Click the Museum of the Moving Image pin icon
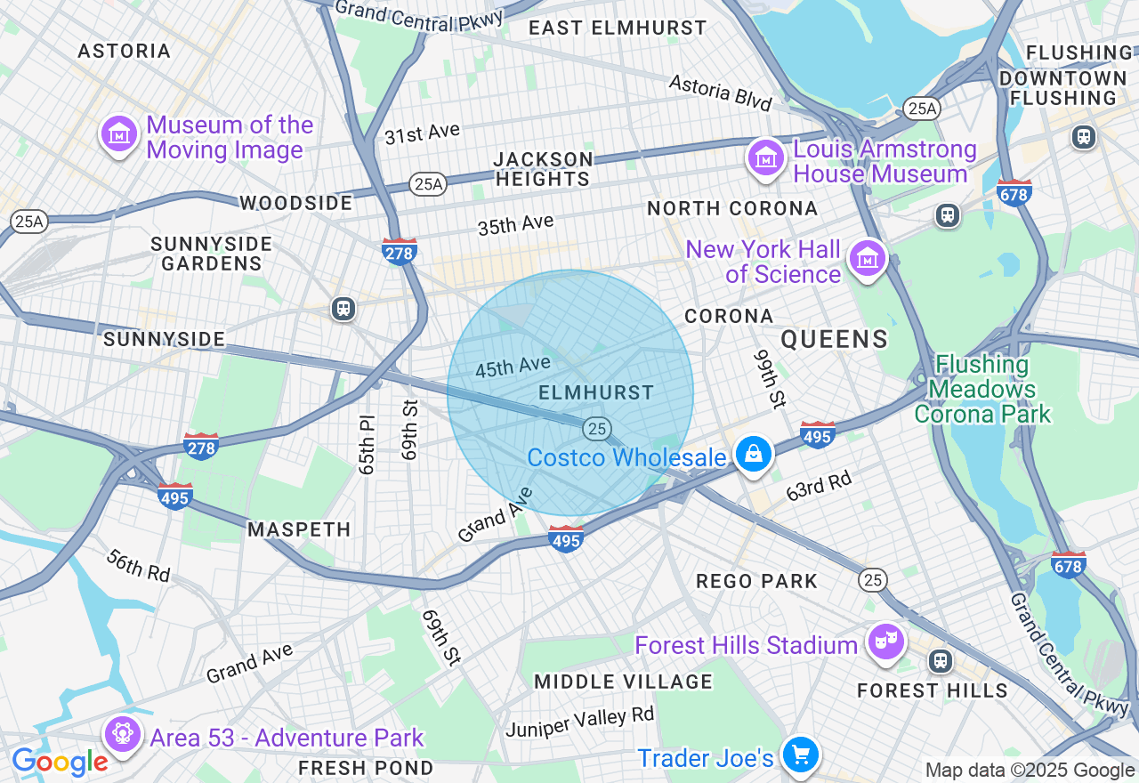click(x=118, y=134)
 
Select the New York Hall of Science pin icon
click(x=867, y=258)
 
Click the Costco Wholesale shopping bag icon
click(x=754, y=455)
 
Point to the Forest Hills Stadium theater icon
click(x=885, y=642)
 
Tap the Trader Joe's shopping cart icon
click(x=800, y=755)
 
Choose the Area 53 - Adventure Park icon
click(x=122, y=734)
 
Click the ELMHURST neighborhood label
click(x=596, y=392)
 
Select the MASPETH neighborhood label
click(x=299, y=529)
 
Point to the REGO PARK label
click(x=756, y=581)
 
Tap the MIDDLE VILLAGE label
click(x=623, y=682)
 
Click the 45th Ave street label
click(x=513, y=367)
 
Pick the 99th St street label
click(x=771, y=378)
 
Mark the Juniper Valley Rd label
click(x=579, y=722)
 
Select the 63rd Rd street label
click(x=819, y=486)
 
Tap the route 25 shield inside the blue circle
click(x=597, y=429)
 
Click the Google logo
click(x=60, y=762)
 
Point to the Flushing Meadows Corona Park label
click(x=981, y=389)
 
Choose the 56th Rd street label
click(x=138, y=565)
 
